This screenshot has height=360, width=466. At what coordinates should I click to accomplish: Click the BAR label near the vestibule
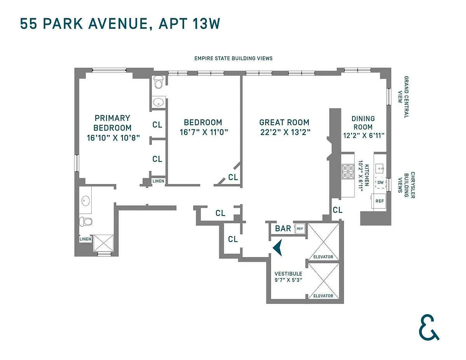coord(283,228)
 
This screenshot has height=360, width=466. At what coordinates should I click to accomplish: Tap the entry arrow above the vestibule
coord(278,247)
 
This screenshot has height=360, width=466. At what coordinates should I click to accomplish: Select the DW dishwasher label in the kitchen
coord(380,182)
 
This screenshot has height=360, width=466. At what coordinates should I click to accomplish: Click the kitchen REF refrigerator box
coord(379,201)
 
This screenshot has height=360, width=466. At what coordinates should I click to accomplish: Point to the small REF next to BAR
coord(299,229)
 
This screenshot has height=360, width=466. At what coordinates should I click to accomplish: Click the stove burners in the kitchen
coord(348,171)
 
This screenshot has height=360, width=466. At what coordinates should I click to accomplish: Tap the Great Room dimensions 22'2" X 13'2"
coord(285,132)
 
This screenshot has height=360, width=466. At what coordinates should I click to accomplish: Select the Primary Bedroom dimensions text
coord(113,137)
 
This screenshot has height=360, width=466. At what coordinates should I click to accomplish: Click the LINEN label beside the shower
coord(85,239)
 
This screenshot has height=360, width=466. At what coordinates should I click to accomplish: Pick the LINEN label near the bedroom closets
coord(158,181)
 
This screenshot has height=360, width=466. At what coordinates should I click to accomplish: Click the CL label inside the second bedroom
coord(233,177)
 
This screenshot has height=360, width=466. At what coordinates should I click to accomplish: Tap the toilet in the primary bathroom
coord(86,222)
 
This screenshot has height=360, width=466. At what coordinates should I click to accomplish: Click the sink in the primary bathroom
coord(86,201)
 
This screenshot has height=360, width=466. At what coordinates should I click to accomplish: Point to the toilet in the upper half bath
coord(158,82)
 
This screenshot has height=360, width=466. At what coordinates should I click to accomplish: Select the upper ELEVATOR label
coord(323,257)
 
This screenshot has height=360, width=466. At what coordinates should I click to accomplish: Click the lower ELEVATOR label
coord(323,296)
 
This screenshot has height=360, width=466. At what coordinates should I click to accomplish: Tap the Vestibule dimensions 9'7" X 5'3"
coord(288,280)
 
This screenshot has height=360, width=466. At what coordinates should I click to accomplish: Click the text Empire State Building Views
coord(233,58)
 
